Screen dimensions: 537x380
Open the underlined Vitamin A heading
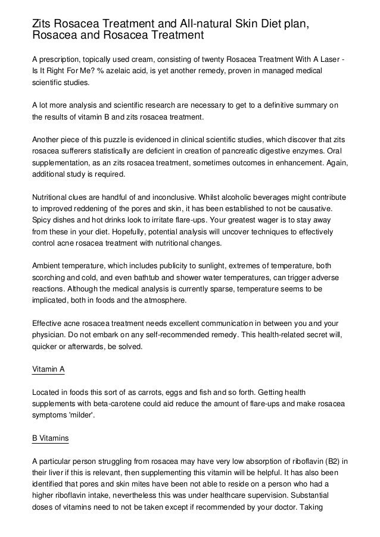48,369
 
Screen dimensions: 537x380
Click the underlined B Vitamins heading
50,438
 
